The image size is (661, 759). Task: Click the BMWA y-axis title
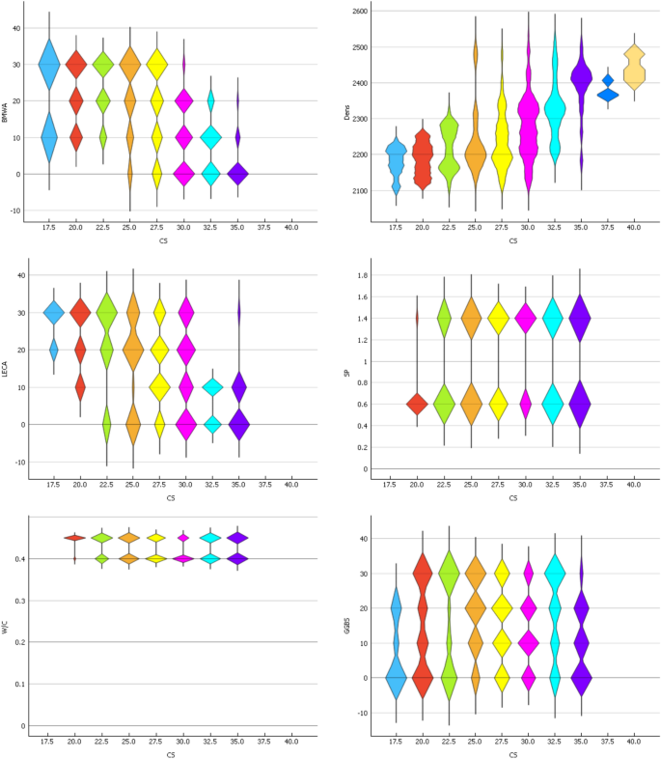point(7,117)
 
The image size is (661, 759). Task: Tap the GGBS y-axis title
point(344,626)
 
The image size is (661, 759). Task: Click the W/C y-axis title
point(7,626)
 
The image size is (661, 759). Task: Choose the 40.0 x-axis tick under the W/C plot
point(290,742)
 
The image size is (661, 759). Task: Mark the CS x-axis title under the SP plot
point(512,498)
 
